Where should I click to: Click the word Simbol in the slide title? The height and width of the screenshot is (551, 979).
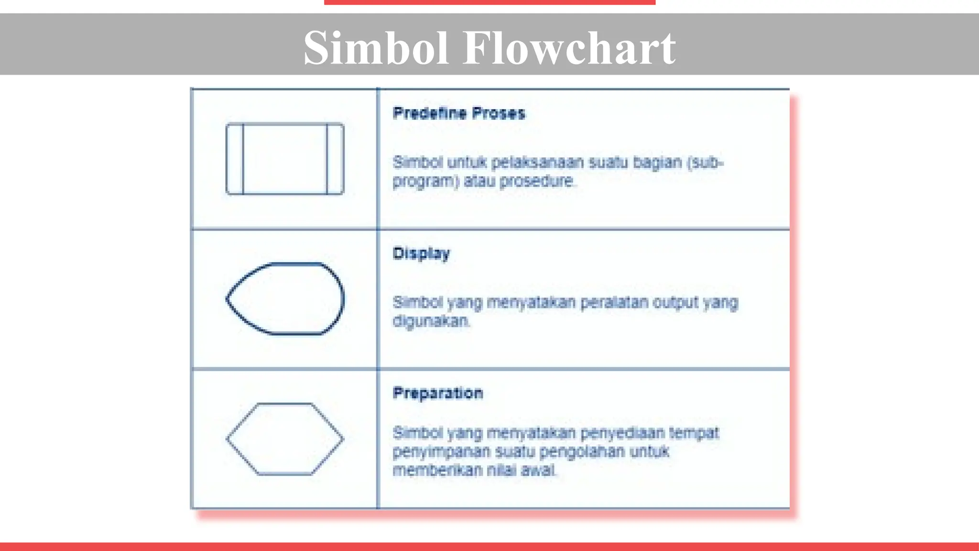pos(376,48)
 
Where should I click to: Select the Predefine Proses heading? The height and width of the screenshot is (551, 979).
pos(459,113)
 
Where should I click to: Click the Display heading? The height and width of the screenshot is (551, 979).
pos(421,253)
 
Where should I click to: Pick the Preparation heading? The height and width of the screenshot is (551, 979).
pos(438,393)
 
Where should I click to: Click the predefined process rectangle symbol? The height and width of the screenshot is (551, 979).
pos(285,159)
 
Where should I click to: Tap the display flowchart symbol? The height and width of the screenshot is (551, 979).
pos(285,298)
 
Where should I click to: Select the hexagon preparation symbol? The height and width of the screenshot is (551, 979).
pos(285,439)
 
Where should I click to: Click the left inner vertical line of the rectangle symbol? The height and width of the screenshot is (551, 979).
pos(243,159)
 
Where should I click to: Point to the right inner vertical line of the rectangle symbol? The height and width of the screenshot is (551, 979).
pos(327,159)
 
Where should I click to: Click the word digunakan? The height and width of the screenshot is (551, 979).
pos(431,321)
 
